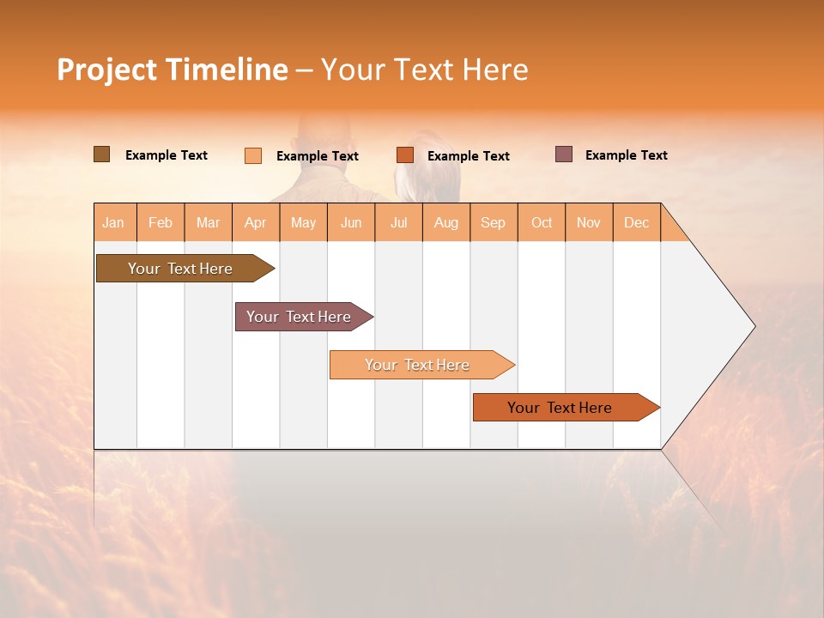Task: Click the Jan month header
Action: (113, 222)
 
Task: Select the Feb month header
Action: (161, 222)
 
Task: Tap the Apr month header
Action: (255, 222)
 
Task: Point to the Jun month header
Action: (351, 222)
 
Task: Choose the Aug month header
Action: (445, 222)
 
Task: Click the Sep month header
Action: (493, 222)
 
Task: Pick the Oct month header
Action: (542, 222)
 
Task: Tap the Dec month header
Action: (636, 222)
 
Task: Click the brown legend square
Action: (101, 154)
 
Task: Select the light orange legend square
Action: (253, 155)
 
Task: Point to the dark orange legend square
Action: (405, 155)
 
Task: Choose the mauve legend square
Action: (564, 154)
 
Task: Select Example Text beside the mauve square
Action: (626, 155)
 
